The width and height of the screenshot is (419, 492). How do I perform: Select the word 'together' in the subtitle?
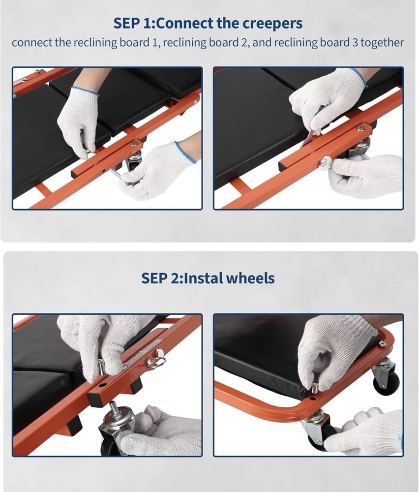(382, 43)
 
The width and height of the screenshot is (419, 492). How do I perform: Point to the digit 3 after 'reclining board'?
(355, 42)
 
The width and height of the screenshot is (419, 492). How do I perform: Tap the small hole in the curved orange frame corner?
(313, 399)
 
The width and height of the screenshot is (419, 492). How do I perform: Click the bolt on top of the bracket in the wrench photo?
(360, 127)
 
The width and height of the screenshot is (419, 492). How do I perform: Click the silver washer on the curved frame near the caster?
(381, 343)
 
